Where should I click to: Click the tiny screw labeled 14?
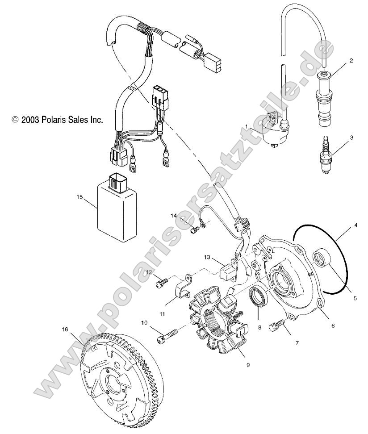click(194, 230)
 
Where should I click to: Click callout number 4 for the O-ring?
click(355, 225)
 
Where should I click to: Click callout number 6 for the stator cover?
click(333, 325)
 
